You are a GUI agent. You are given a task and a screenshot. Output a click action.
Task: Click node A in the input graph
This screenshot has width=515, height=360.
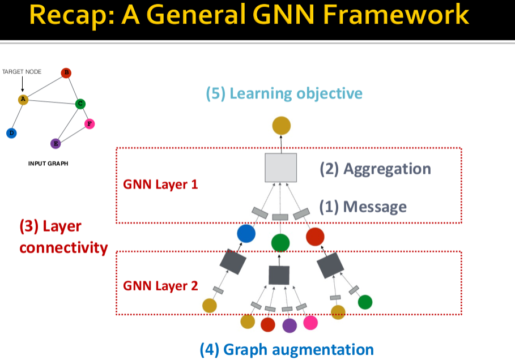[x=23, y=100]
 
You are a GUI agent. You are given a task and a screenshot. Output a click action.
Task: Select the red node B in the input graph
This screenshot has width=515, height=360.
[x=66, y=72]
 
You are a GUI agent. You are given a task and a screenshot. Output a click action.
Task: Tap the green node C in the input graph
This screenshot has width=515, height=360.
[x=80, y=104]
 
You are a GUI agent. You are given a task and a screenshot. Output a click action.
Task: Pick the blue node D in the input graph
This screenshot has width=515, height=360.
[x=11, y=133]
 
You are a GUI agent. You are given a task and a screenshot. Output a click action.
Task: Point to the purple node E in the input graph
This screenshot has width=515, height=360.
[x=56, y=143]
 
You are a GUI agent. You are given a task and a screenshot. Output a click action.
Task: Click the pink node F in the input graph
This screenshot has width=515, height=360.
[x=89, y=123]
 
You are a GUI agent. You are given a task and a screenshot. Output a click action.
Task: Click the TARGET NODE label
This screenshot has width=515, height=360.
[x=22, y=72]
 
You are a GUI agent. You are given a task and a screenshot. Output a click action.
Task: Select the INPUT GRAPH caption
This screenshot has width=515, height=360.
[x=48, y=164]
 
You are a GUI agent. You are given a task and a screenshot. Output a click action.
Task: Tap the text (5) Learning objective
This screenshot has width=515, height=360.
[x=284, y=93]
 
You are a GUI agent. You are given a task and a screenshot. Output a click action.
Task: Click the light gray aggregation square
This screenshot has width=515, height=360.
[x=281, y=168]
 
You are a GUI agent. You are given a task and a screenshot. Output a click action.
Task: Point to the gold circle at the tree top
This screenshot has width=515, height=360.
[x=281, y=126]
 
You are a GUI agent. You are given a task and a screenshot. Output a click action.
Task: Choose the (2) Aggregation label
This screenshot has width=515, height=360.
[x=375, y=169]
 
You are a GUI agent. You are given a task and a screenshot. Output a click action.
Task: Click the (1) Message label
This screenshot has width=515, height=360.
[x=363, y=207]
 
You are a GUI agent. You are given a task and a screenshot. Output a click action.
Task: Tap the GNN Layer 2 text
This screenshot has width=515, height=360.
[x=160, y=285]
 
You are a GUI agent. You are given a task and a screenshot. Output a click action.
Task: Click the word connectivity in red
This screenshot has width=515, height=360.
[x=63, y=247]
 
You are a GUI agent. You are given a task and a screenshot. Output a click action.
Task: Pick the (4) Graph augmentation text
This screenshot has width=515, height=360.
[x=287, y=349]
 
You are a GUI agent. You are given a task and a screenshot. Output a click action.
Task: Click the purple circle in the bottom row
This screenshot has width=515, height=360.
[x=290, y=325]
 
